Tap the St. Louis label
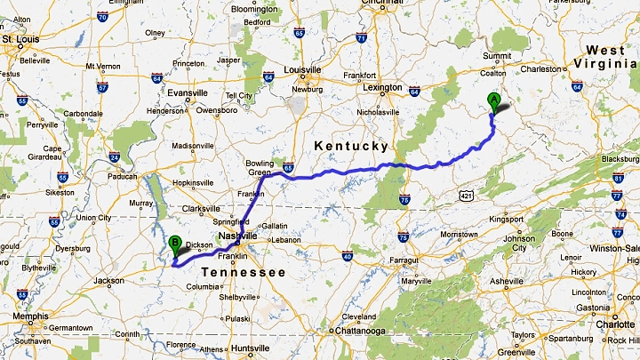tap(21, 40)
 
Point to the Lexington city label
tap(382, 87)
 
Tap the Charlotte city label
tap(615, 324)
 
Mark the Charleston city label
tap(542, 68)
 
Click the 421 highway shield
tap(467, 193)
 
